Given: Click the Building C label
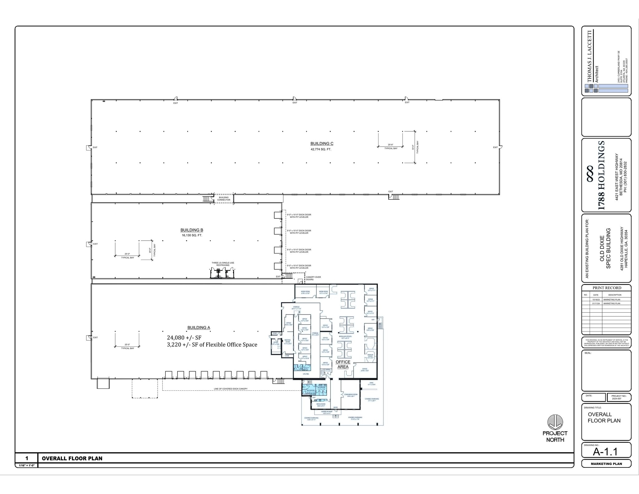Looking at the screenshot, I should coord(322,144).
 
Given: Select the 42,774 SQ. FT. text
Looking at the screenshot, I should coord(321,149).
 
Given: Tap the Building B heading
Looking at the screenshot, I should coord(192,230).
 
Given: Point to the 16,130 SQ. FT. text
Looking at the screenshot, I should coord(192,235).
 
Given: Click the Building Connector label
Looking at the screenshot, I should coord(224,198).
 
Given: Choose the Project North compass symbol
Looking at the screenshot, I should coord(555,422).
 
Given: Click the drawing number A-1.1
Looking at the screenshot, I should coord(605,452).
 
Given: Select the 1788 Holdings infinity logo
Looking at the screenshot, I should coord(590,174).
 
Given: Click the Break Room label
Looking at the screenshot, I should coord(321,405).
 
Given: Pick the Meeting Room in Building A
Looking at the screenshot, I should coord(287,341).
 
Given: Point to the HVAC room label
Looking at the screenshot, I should coord(371,384).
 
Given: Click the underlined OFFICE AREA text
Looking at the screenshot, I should coord(343,364).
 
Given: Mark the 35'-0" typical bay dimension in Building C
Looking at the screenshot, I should coord(413,147).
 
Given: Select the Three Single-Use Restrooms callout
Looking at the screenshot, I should coord(223,264).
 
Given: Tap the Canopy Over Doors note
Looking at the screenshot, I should coord(313,278).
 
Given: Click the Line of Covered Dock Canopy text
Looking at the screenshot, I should coord(231,389).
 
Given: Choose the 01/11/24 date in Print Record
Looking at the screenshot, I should coord(596,303).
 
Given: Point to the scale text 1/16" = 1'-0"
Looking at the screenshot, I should coord(27,465).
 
